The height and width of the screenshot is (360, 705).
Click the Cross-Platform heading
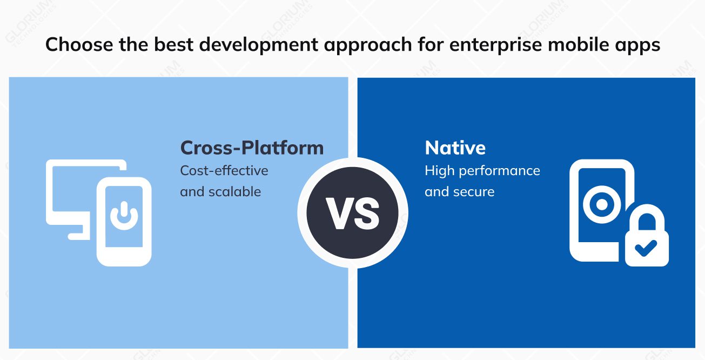click(252, 148)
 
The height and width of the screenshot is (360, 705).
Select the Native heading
click(455, 148)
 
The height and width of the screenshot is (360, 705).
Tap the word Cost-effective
click(224, 170)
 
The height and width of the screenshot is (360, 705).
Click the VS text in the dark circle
click(352, 214)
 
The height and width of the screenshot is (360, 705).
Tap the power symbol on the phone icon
click(124, 215)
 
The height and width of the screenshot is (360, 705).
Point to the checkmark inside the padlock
click(646, 248)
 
